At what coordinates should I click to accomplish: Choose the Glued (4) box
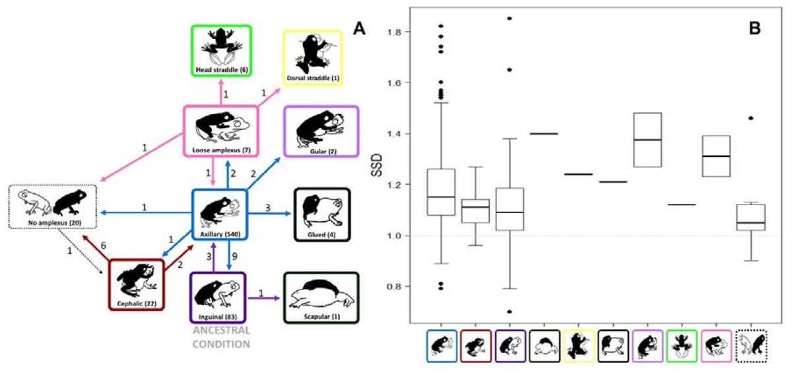pos(321,215)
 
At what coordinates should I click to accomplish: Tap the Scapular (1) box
pos(321,298)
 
